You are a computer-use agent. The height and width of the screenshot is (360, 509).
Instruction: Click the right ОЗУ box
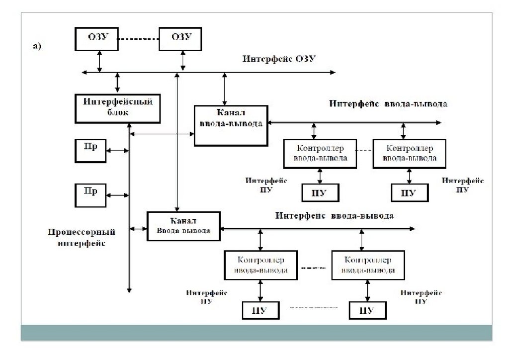click(x=181, y=38)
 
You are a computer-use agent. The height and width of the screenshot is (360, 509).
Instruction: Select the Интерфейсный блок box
click(x=118, y=107)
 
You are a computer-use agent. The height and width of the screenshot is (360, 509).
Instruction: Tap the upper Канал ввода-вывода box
click(x=230, y=124)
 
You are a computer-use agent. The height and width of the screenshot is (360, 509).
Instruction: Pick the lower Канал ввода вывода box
click(x=183, y=226)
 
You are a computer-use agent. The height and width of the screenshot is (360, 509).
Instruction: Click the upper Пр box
click(x=90, y=150)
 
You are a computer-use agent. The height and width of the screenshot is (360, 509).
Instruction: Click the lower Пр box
click(x=90, y=194)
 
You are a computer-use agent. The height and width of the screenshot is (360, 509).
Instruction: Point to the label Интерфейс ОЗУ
click(x=279, y=59)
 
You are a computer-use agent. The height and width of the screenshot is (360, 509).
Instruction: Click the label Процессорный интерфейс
click(x=82, y=238)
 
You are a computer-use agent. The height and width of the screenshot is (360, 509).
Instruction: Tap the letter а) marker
click(x=37, y=47)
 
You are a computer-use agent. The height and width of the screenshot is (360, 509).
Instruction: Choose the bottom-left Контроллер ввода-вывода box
click(x=261, y=265)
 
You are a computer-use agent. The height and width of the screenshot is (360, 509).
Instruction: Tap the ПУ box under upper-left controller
click(x=320, y=192)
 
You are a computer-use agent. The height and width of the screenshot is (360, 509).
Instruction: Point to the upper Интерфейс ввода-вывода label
click(x=388, y=104)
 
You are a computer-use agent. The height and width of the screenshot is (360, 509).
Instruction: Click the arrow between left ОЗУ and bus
click(x=100, y=61)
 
